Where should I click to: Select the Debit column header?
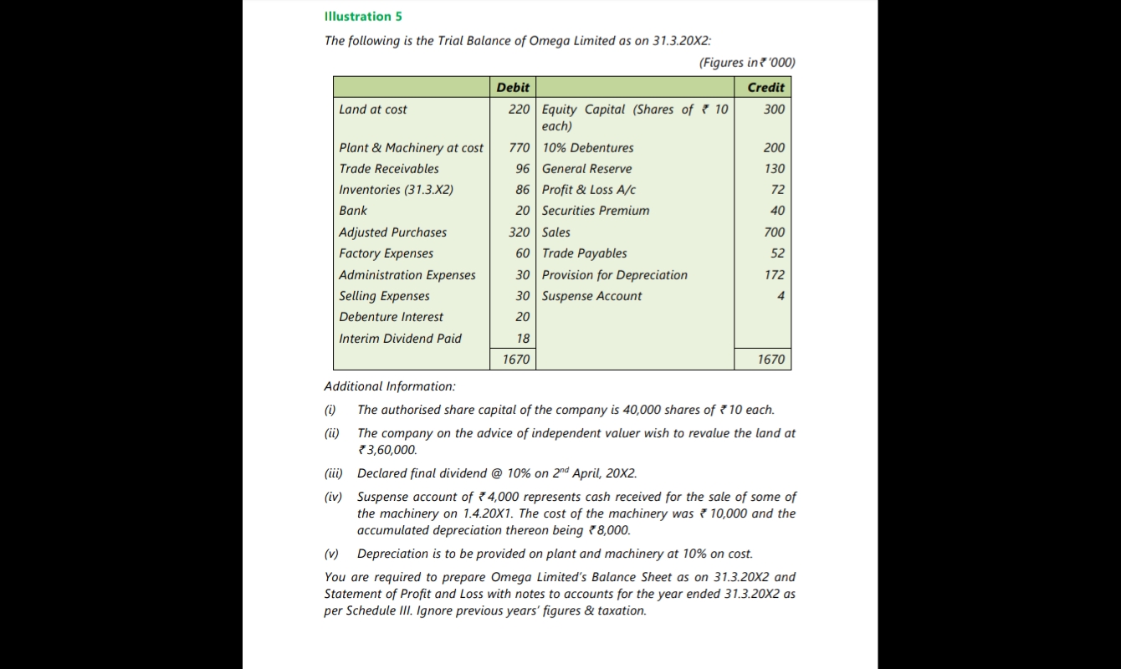point(512,87)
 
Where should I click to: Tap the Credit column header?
point(765,87)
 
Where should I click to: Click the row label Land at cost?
point(373,110)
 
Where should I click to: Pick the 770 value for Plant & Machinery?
point(519,148)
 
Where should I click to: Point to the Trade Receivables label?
point(388,169)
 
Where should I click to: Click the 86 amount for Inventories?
point(522,190)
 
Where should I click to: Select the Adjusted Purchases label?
point(392,232)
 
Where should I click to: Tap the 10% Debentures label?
point(587,148)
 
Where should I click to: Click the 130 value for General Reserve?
point(774,169)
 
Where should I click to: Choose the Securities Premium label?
point(595,211)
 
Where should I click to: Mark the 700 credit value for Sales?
point(774,232)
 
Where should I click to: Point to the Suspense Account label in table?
point(591,296)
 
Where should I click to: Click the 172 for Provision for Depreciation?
point(774,275)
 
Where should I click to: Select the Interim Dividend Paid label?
point(400,339)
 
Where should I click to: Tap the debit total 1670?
point(515,360)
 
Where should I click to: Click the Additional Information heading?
point(390,386)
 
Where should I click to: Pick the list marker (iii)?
point(333,473)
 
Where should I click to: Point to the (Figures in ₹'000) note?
point(746,63)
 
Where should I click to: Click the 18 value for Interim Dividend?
point(523,339)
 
